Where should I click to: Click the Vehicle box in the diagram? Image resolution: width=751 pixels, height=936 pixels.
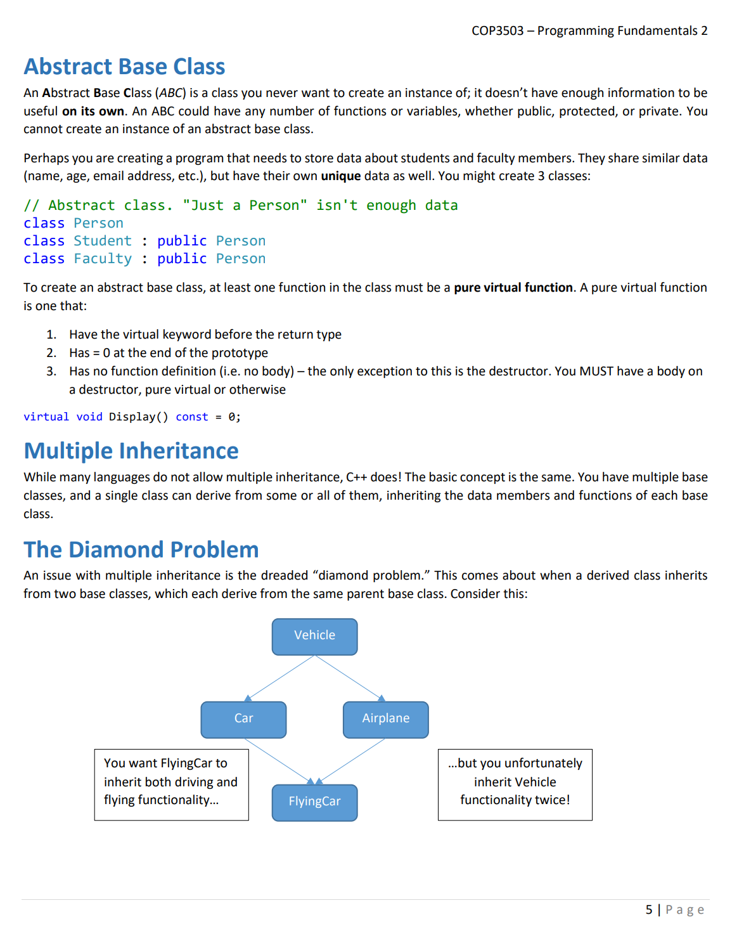tap(314, 637)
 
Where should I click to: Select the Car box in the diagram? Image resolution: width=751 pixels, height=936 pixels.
tap(243, 719)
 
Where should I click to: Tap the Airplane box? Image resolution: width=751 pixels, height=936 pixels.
tap(385, 719)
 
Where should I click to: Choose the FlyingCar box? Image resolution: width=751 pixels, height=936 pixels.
tap(314, 802)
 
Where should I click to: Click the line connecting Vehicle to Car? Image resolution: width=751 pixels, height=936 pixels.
tap(279, 678)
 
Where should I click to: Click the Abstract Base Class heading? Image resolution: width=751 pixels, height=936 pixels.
tap(124, 67)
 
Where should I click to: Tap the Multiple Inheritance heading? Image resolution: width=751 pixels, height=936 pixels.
tap(131, 451)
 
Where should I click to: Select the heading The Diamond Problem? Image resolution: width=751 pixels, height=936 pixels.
tap(141, 550)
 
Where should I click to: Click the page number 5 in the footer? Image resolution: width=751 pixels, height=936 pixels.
tap(649, 910)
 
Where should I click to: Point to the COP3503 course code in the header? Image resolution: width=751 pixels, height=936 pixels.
tap(497, 31)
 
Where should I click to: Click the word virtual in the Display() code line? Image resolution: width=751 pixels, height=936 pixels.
tap(46, 417)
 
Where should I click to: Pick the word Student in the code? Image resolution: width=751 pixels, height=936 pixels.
tap(103, 241)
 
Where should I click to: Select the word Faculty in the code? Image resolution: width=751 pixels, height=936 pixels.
tap(103, 259)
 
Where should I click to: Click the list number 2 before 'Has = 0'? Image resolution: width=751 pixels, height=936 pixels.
tap(51, 353)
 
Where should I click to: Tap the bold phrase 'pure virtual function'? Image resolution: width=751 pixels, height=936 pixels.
tap(513, 288)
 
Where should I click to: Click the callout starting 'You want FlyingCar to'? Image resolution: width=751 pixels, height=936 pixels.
tap(171, 784)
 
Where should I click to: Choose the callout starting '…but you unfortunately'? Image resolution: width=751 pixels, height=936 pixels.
tap(515, 784)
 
